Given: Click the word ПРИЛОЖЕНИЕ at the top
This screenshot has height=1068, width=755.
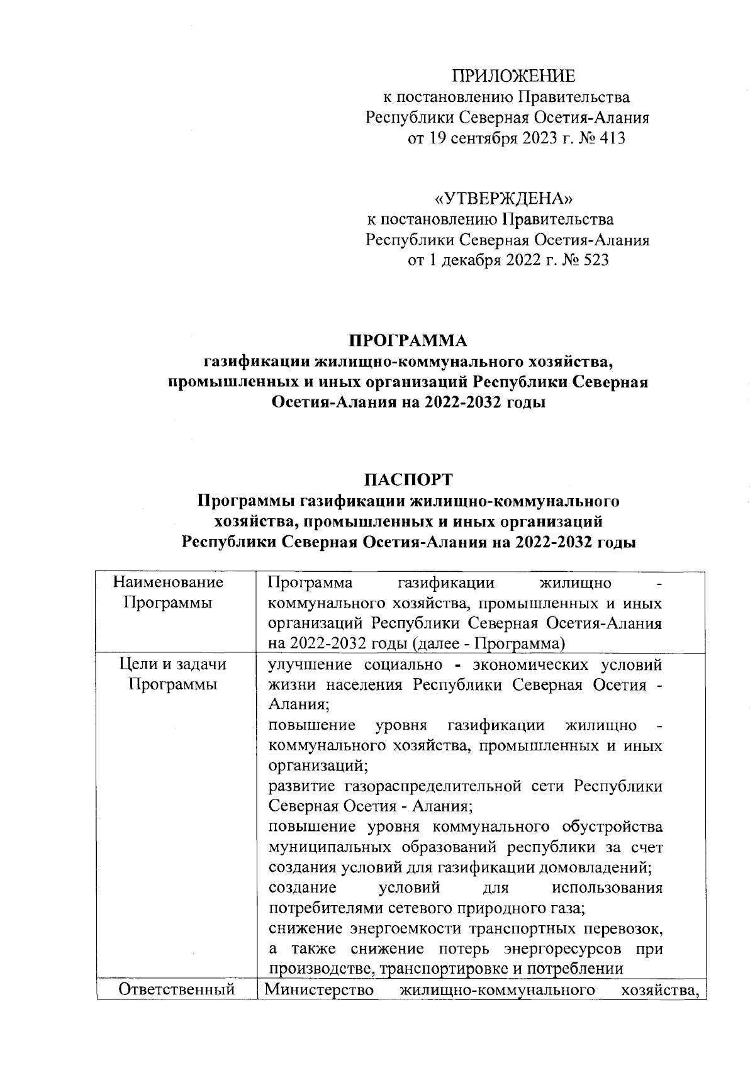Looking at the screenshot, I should point(514,77).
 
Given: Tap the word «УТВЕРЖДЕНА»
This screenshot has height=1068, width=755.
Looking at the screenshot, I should point(505,199).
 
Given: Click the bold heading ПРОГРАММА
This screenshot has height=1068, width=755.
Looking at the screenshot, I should point(408,341).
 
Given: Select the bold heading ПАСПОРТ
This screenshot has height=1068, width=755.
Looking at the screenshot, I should point(408,480).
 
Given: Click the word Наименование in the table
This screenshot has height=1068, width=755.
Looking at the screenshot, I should point(169,582).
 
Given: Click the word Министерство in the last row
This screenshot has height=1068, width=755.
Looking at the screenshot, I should point(319,990).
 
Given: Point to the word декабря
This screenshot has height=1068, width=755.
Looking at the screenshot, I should point(471,260).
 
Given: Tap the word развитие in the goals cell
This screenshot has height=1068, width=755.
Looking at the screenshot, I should point(301,786).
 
